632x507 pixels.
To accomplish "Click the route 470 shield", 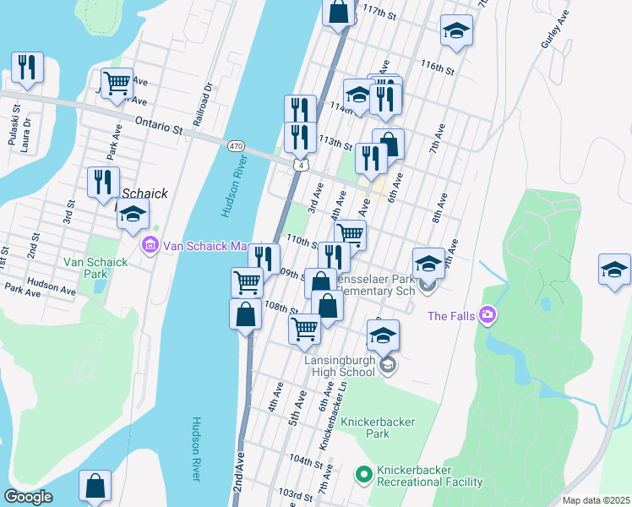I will [237, 146].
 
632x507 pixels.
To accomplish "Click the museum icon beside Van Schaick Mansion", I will [151, 246].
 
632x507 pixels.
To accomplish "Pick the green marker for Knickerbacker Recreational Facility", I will [364, 476].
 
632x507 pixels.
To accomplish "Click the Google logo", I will [28, 497].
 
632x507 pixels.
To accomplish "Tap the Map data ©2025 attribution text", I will [596, 500].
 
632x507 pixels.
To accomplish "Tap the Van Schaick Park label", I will [95, 268].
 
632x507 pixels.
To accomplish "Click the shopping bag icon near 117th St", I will [338, 12].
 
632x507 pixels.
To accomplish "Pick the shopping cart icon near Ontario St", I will [117, 83].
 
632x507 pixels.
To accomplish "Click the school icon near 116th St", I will [456, 31].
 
